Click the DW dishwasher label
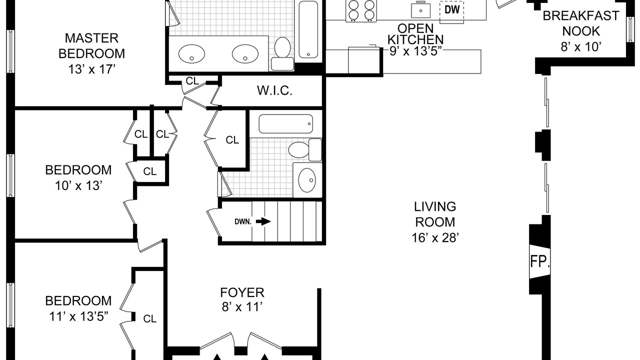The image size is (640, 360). [452, 9]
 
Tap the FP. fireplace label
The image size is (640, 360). [539, 261]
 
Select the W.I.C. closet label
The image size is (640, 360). [274, 91]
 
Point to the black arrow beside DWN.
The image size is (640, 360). [263, 221]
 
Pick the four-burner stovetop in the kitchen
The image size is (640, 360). [361, 10]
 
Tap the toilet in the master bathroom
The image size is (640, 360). [282, 53]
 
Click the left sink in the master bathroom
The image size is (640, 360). [191, 53]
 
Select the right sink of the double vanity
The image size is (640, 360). [245, 53]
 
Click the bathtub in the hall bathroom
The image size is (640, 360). [285, 123]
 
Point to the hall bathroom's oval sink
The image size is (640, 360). [307, 180]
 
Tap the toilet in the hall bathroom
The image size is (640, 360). [305, 149]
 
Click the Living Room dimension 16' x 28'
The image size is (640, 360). [435, 237]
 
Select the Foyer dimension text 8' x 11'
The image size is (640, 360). [242, 307]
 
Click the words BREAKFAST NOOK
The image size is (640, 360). [581, 23]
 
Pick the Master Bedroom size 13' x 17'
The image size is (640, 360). [91, 69]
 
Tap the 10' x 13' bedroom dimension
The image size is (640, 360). [78, 185]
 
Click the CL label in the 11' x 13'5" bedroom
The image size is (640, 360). [150, 318]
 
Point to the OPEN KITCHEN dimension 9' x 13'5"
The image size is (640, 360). [415, 51]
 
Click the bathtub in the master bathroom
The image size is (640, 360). [308, 29]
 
